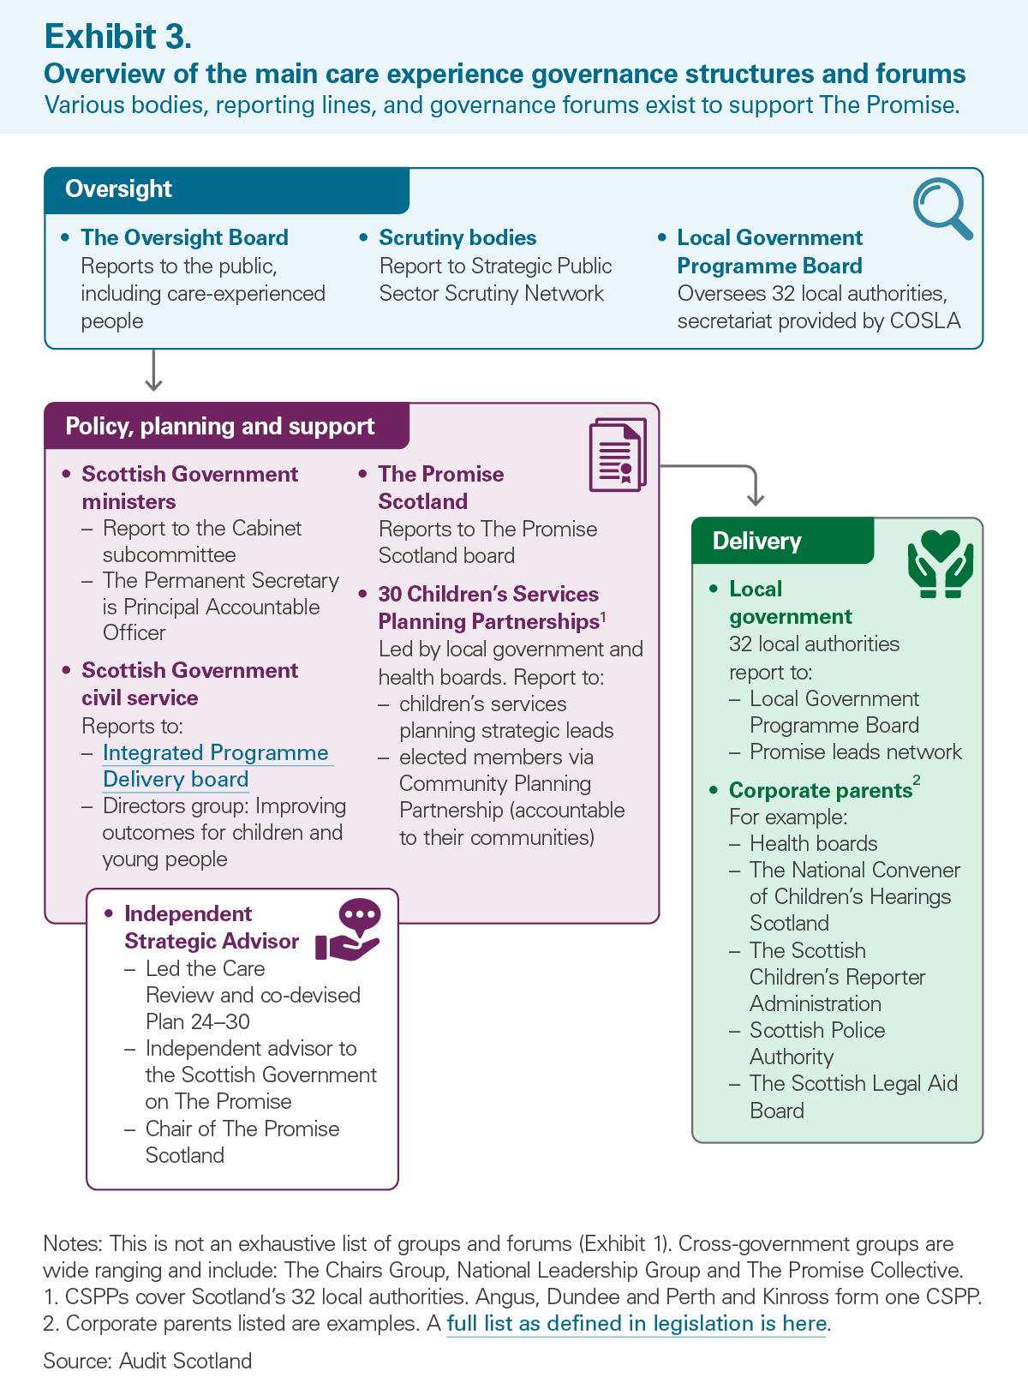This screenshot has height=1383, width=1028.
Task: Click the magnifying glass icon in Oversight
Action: click(x=942, y=208)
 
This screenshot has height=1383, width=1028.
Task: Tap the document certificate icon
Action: click(x=618, y=455)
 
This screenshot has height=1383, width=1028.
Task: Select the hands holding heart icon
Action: click(x=941, y=563)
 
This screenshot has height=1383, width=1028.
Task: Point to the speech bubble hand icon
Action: click(x=349, y=930)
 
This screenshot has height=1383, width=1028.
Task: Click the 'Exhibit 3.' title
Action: click(x=118, y=37)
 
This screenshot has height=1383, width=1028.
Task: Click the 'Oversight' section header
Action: click(x=119, y=189)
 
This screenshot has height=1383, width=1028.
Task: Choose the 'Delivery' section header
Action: click(x=757, y=542)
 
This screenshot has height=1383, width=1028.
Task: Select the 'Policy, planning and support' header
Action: click(x=220, y=427)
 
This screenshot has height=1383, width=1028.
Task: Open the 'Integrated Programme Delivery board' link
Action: click(x=216, y=766)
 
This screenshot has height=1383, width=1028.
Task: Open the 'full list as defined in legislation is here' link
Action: click(x=637, y=1324)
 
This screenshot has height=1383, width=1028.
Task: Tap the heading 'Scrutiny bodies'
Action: click(x=457, y=237)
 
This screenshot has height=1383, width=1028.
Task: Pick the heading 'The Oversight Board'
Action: click(x=184, y=237)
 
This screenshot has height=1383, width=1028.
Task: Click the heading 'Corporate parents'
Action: click(x=820, y=790)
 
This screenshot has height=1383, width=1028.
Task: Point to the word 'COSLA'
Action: click(x=925, y=321)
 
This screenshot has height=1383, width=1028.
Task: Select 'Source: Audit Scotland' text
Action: click(x=147, y=1361)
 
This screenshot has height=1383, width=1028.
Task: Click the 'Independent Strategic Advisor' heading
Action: click(x=211, y=927)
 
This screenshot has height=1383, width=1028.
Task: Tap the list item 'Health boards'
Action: click(x=813, y=844)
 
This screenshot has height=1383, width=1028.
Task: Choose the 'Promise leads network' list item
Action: click(x=855, y=752)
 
